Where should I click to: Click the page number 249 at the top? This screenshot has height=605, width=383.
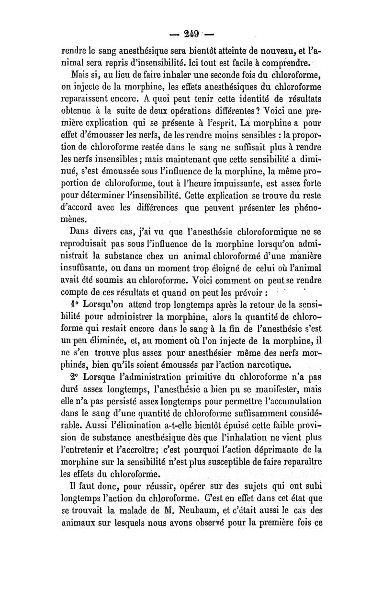[x=191, y=35]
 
